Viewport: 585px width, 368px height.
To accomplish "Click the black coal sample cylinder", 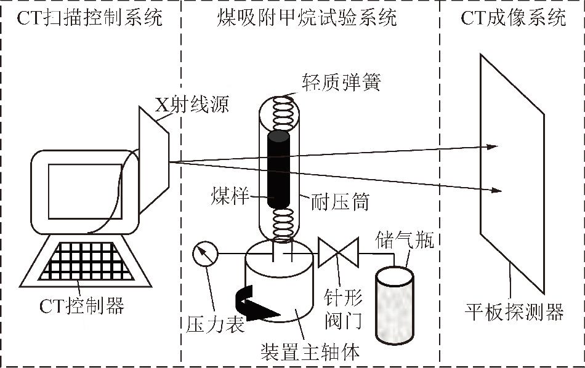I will [x=281, y=169].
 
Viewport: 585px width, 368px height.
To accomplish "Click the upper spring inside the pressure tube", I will [x=283, y=113].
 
